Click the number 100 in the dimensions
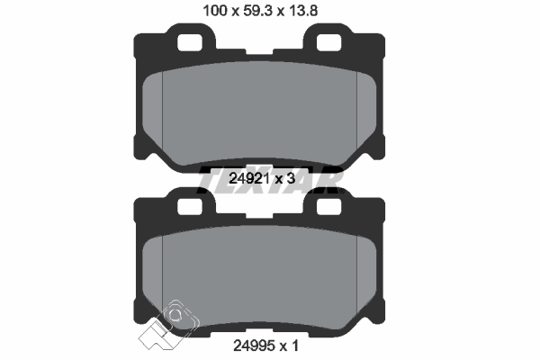tap(215, 11)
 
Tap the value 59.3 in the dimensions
tap(257, 11)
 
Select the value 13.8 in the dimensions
tap(303, 11)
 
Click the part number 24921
tap(249, 178)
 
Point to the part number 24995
tap(254, 346)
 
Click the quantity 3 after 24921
tap(291, 178)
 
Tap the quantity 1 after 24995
tap(295, 346)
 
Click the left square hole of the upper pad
tap(189, 42)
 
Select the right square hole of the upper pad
tap(328, 42)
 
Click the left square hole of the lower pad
tap(189, 206)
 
